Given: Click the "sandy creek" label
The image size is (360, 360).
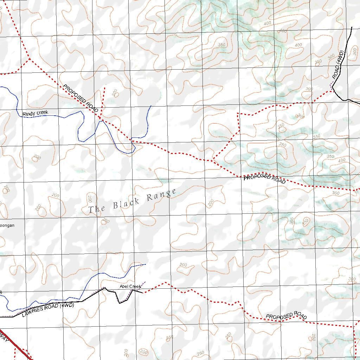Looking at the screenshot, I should point(35,113).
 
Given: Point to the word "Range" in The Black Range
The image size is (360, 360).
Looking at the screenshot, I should point(161,195).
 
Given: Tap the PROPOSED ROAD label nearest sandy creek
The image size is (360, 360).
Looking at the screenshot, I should point(81,98).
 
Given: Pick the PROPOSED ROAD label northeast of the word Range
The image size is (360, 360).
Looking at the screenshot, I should point(264,178).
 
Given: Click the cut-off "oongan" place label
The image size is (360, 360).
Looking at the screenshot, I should point(7,225).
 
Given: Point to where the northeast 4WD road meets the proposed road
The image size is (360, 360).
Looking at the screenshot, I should point(332,91).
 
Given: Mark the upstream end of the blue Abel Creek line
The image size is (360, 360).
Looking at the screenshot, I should point(146,264).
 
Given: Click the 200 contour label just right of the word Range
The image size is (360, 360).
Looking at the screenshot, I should point(211,202).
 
